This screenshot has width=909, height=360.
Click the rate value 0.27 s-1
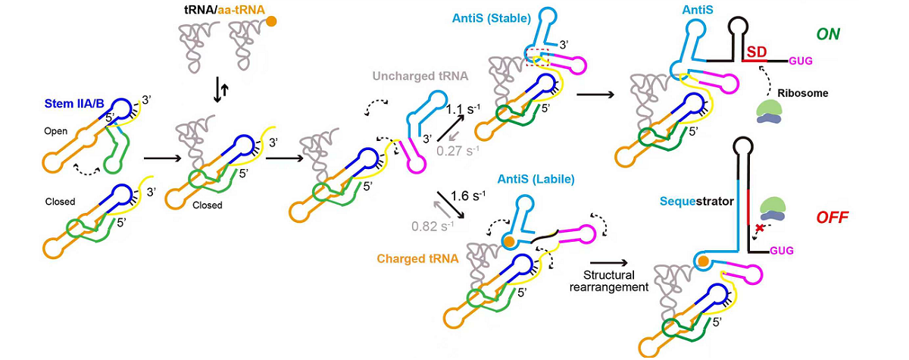458,150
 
